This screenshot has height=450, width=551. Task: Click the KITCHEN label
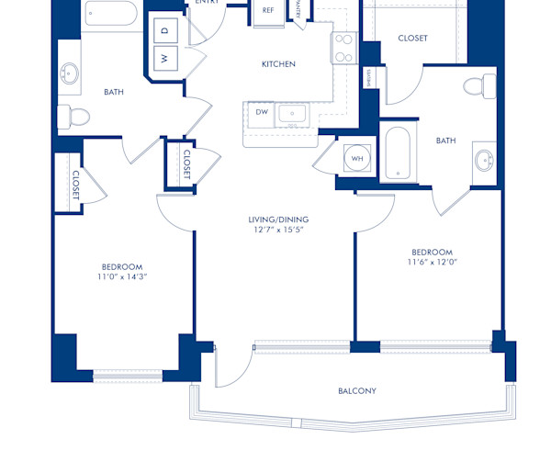[x=278, y=64]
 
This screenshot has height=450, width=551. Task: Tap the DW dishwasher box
[x=261, y=113]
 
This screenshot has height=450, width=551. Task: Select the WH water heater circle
[x=356, y=158]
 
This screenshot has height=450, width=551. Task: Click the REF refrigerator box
[x=268, y=11]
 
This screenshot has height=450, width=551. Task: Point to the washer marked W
[x=165, y=58]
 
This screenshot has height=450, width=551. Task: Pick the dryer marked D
[x=165, y=30]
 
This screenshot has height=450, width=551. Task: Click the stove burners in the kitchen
[x=344, y=48]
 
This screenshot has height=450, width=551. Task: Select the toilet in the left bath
[x=73, y=117]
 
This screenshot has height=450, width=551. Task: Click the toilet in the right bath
[x=476, y=86]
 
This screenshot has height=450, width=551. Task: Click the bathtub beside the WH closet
[x=399, y=153]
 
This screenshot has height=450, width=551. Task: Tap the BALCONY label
[x=356, y=391]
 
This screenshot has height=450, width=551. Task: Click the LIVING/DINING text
[x=278, y=219]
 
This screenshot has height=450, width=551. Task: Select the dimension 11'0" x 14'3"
[x=122, y=276]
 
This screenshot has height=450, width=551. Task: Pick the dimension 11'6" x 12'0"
[x=432, y=262]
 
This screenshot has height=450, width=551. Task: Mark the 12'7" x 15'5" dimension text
[x=278, y=231]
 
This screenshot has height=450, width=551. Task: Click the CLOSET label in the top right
[x=412, y=39]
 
